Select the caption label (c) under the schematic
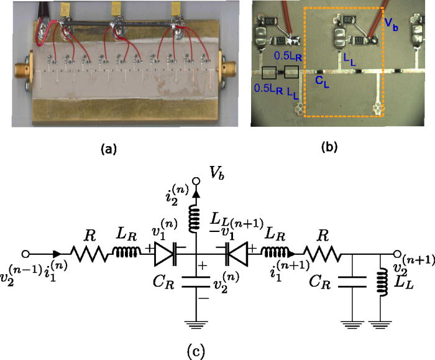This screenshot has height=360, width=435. pyautogui.click(x=195, y=351)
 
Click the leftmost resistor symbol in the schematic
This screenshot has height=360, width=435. pyautogui.click(x=82, y=254)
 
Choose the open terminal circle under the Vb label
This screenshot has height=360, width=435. pyautogui.click(x=196, y=182)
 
